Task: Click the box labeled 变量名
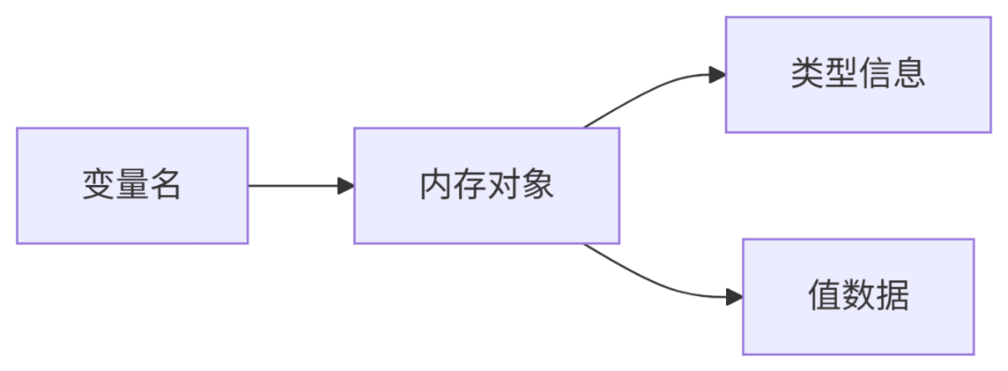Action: pos(133,185)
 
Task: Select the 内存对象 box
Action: pos(486,185)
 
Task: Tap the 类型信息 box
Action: pos(859,75)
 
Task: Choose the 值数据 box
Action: pos(859,296)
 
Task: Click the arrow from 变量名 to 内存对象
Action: pos(301,185)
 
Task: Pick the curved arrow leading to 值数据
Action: pos(659,282)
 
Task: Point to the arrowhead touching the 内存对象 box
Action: pos(346,185)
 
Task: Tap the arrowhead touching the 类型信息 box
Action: pos(718,75)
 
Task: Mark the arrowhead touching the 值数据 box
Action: pos(735,297)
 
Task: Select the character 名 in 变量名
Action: pos(166,185)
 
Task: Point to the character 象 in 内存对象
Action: pos(538,185)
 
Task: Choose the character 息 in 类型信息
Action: pos(909,75)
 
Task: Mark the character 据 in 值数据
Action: pos(892,296)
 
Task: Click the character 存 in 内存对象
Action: pos(469,185)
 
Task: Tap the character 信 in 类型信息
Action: pos(875,75)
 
